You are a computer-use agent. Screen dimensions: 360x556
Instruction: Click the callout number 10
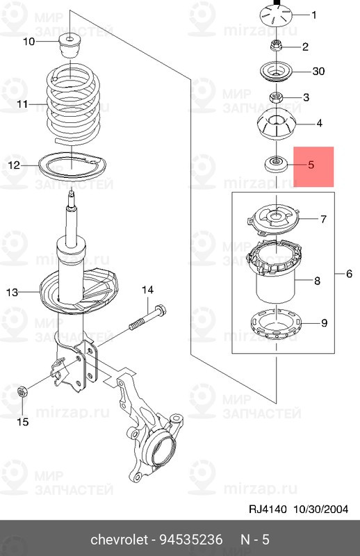29,42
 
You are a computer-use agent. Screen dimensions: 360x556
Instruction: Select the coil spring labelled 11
73,104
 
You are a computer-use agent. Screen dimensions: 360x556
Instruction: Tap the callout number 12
14,165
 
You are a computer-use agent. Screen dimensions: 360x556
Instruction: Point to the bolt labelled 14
148,317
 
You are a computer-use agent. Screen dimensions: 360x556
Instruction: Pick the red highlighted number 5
311,165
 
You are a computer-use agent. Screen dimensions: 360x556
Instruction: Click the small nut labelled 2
276,46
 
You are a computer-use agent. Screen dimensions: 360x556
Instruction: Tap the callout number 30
318,72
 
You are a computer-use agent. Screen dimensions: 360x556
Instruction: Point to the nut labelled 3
276,97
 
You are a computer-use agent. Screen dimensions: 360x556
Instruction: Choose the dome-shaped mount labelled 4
277,125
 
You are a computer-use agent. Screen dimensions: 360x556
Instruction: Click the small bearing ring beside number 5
276,164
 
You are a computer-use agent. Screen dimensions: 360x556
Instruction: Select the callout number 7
323,219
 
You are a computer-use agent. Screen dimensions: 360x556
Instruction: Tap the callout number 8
317,281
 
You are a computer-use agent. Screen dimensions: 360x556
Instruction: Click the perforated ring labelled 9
276,324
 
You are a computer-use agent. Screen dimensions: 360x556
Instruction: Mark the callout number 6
349,273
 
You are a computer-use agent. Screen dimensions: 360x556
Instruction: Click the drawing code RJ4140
268,509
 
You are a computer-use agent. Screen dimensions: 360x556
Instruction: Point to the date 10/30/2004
320,509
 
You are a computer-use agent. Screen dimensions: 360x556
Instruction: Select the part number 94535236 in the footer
191,540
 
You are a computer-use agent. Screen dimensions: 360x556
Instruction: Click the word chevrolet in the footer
119,540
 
